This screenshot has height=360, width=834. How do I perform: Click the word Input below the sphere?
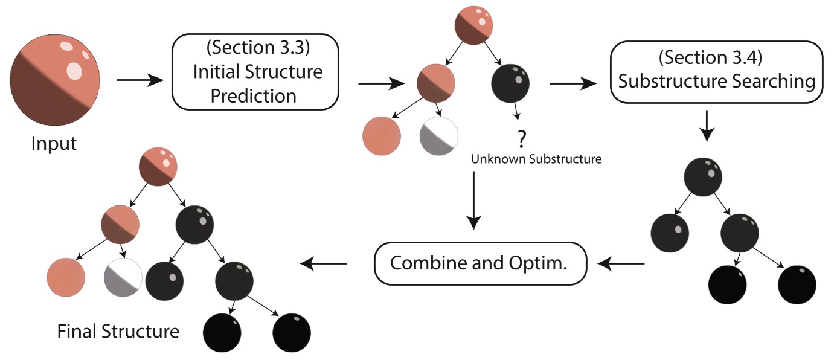(54, 144)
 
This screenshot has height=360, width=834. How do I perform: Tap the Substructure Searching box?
(716, 72)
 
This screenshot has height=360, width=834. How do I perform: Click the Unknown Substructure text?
(536, 159)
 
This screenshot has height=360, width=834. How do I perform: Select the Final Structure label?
(118, 332)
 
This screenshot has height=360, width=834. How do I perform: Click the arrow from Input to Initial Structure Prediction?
(140, 79)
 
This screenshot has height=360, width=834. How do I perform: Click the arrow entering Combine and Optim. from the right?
(623, 263)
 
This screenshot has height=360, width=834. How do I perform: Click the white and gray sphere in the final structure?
(123, 277)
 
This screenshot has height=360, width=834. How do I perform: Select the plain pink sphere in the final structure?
(65, 277)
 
